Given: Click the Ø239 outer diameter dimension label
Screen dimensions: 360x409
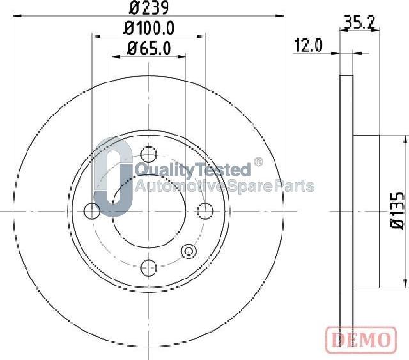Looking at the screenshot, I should [148, 8].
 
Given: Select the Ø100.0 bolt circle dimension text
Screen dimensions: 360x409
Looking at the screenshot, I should [149, 28].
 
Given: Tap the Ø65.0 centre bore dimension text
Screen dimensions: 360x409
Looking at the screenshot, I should [149, 47].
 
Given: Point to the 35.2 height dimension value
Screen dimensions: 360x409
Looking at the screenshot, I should [359, 24].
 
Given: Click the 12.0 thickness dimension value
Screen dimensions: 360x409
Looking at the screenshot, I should [308, 45].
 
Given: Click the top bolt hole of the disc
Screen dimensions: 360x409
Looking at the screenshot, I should [148, 154].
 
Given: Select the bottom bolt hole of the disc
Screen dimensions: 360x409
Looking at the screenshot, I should [148, 267].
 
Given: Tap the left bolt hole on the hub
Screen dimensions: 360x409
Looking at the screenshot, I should [93, 210].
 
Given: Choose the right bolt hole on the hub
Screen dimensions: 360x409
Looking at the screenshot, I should [204, 210].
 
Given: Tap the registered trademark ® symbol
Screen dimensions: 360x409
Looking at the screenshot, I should [258, 162].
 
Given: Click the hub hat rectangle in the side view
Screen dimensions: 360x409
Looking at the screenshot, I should [367, 210].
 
